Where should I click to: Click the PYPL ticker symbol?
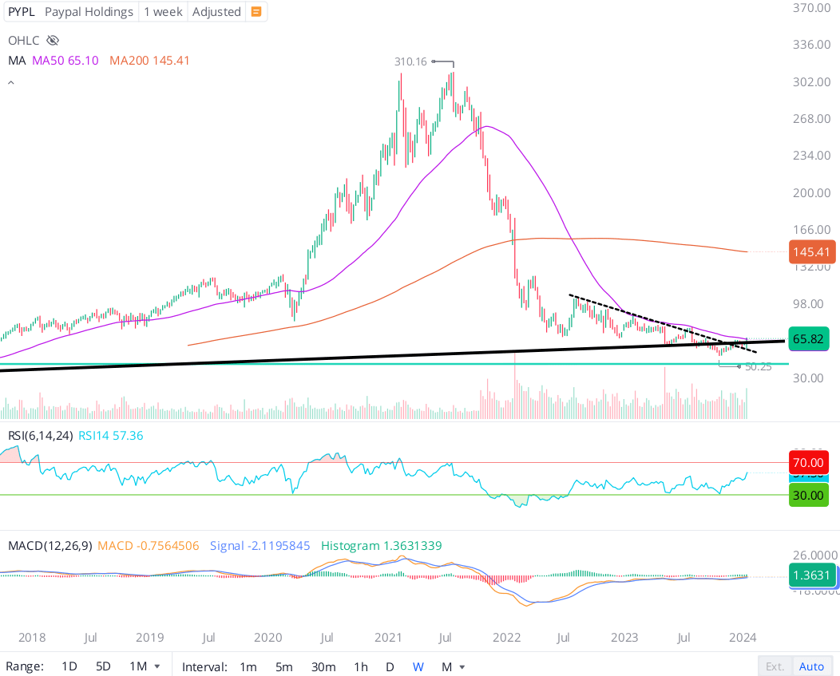pyautogui.click(x=22, y=12)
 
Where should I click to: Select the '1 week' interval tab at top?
pyautogui.click(x=164, y=12)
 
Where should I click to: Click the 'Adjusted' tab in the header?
pyautogui.click(x=216, y=12)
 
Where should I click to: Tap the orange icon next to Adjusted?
pyautogui.click(x=256, y=12)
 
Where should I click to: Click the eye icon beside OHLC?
pyautogui.click(x=53, y=40)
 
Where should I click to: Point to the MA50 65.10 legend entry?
pyautogui.click(x=65, y=61)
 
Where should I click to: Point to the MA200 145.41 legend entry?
pyautogui.click(x=149, y=61)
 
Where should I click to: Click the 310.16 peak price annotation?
pyautogui.click(x=411, y=61)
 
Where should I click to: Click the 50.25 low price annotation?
pyautogui.click(x=758, y=367)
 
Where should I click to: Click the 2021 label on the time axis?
pyautogui.click(x=388, y=638)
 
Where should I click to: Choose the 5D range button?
pyautogui.click(x=103, y=666)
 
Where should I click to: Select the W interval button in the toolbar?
pyautogui.click(x=418, y=666)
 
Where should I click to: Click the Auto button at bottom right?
pyautogui.click(x=811, y=666)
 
